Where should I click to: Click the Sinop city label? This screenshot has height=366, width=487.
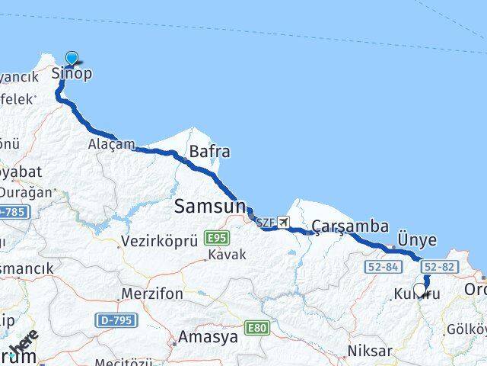pyautogui.click(x=71, y=74)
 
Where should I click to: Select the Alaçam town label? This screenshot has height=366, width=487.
pyautogui.click(x=111, y=143)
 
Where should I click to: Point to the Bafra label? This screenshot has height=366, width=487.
pyautogui.click(x=209, y=152)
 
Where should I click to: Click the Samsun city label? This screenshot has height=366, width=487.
pyautogui.click(x=210, y=206)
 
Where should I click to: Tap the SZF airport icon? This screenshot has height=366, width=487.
pyautogui.click(x=285, y=223)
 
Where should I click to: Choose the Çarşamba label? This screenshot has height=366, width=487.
pyautogui.click(x=351, y=226)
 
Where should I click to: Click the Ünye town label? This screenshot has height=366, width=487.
pyautogui.click(x=419, y=240)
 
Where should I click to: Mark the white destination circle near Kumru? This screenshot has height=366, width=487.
pyautogui.click(x=419, y=291)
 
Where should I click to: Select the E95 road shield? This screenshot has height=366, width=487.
pyautogui.click(x=217, y=239)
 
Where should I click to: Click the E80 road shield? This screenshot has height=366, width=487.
pyautogui.click(x=257, y=328)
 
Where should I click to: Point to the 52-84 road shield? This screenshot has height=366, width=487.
pyautogui.click(x=383, y=267)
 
